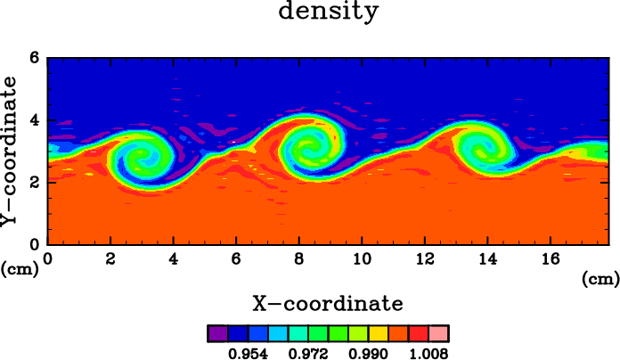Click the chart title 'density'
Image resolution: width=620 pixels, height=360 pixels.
(329, 11)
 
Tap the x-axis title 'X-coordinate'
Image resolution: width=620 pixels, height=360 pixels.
(328, 304)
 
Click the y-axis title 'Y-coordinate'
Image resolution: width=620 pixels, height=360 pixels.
(9, 151)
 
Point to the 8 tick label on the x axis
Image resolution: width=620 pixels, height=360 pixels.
(299, 258)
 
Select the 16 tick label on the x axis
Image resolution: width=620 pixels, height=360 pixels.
(550, 258)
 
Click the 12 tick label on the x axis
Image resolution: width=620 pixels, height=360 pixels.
(425, 258)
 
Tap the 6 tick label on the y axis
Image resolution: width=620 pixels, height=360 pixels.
(36, 58)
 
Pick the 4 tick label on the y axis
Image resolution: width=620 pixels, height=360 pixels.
(36, 120)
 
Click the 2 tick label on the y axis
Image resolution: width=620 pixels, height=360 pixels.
(36, 183)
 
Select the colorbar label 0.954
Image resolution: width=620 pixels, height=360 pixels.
(248, 353)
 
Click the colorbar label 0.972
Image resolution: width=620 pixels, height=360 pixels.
(308, 353)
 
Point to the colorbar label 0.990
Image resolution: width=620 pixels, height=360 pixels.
(368, 353)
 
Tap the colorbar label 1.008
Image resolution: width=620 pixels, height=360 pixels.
(428, 353)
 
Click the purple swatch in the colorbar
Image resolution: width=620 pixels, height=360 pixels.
(218, 333)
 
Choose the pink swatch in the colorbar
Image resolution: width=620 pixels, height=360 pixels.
(438, 333)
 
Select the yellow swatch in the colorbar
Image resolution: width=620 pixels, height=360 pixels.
(379, 333)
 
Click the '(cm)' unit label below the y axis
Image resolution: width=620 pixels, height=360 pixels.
(20, 270)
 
